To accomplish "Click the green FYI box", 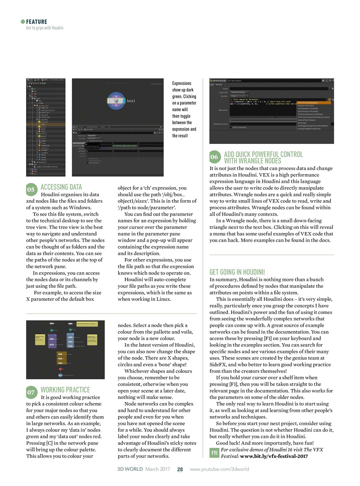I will click(x=214, y=453).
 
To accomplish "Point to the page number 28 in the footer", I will click(x=180, y=469).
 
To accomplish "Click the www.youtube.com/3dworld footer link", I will click(x=219, y=469).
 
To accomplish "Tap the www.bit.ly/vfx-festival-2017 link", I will click(x=274, y=456).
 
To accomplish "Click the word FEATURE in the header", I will click(x=37, y=22).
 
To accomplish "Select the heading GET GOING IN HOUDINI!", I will click(x=237, y=272).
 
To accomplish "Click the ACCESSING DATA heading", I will click(x=61, y=187).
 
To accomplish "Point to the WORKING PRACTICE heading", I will click(x=65, y=390).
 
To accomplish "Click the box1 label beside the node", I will click(x=131, y=101).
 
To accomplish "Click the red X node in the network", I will click(x=60, y=369).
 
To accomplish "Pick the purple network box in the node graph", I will click(x=52, y=341).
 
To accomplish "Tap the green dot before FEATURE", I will click(x=23, y=22).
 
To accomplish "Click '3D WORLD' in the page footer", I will click(x=130, y=469).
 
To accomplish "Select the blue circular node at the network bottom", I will click(x=60, y=375).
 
